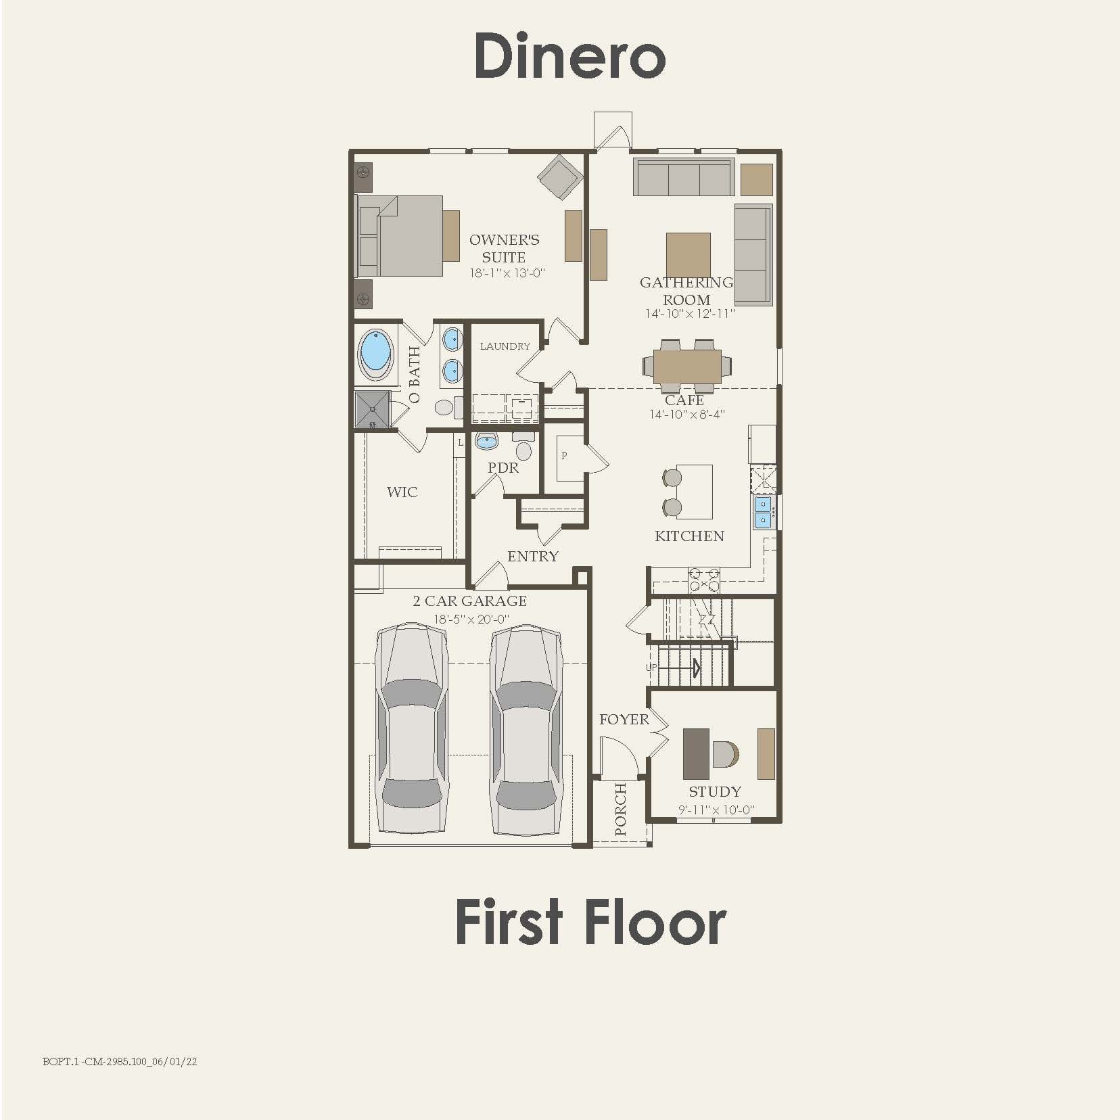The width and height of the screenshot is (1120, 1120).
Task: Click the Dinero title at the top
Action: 569,55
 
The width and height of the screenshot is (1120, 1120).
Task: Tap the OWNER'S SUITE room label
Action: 504,249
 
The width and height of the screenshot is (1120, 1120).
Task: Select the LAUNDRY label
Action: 505,346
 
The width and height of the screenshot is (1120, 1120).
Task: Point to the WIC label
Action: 402,492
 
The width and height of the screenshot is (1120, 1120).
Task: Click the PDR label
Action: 503,468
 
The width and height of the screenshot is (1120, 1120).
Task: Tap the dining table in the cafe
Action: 687,367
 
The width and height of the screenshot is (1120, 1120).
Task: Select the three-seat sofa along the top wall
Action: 684,178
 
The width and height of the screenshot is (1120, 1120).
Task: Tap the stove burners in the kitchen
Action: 703,580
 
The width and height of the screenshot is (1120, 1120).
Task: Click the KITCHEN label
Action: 689,536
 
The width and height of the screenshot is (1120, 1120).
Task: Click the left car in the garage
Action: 411,729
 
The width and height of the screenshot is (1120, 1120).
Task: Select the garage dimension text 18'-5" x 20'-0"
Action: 471,619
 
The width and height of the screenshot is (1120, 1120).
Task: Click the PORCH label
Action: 620,809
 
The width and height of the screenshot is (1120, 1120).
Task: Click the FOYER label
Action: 624,720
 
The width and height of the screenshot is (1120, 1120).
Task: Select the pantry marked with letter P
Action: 565,457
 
